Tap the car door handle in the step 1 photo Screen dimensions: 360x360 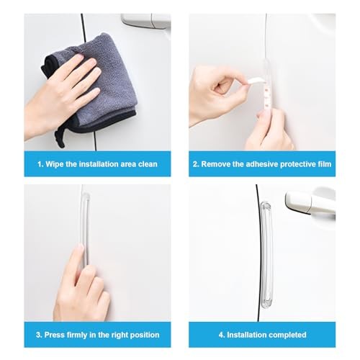(145, 21)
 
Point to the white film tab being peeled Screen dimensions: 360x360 (255, 81)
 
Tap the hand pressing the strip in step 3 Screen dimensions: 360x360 (81, 286)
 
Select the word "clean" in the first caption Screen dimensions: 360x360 (148, 164)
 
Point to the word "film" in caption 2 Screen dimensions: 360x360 (325, 164)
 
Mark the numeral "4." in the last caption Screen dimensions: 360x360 (222, 335)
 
